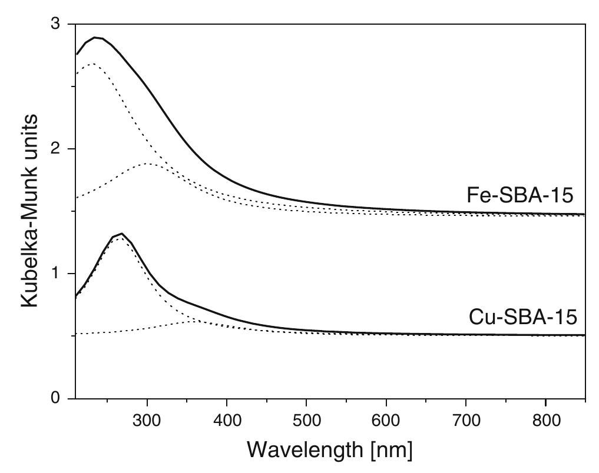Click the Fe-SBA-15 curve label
[x=519, y=196]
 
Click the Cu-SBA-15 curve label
[x=522, y=318]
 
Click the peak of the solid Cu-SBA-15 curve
[x=121, y=234]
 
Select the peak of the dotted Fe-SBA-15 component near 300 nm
[x=147, y=164]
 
